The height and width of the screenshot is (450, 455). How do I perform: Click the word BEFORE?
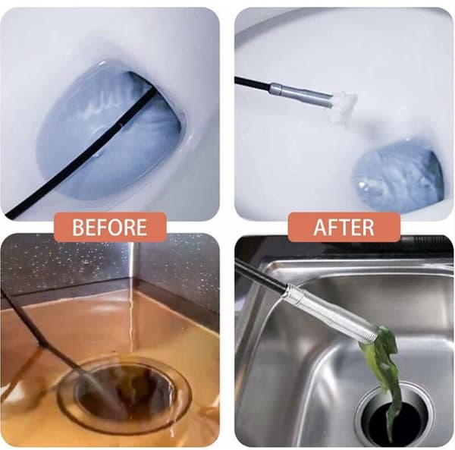tap(110, 227)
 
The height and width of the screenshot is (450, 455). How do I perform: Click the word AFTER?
tap(344, 227)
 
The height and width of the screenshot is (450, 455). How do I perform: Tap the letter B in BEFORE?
tap(77, 227)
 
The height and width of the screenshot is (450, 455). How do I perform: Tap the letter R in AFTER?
tap(369, 227)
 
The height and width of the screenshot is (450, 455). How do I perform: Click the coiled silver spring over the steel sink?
tap(332, 310)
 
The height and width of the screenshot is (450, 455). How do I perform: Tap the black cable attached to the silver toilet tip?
tap(253, 83)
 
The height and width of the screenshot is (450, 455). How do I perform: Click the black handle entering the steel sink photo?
tap(261, 274)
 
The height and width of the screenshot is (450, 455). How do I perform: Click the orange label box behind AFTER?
tap(344, 227)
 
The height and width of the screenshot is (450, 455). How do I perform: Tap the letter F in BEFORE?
tap(103, 227)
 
